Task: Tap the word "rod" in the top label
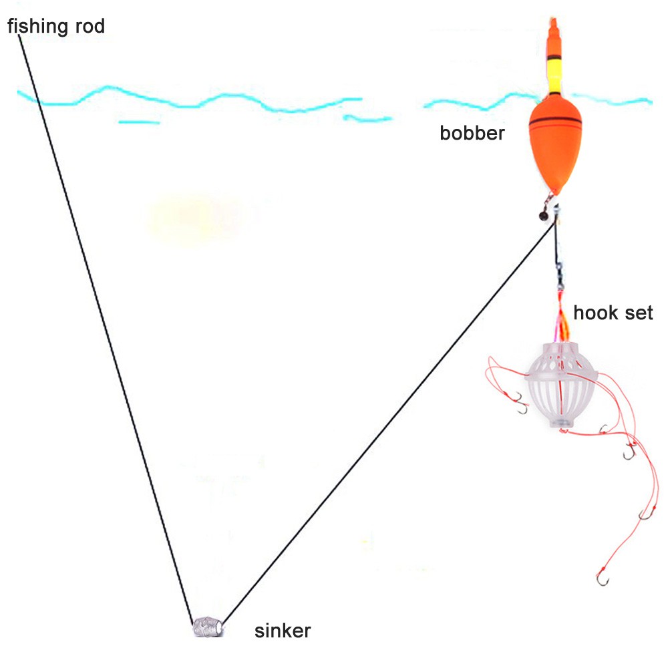pyautogui.click(x=90, y=26)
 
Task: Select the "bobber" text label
pyautogui.click(x=472, y=134)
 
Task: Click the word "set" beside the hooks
pyautogui.click(x=639, y=313)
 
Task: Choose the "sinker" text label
pyautogui.click(x=283, y=631)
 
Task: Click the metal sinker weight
pyautogui.click(x=208, y=627)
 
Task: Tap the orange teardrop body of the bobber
pyautogui.click(x=554, y=144)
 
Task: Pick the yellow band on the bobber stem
pyautogui.click(x=554, y=77)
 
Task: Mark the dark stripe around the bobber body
pyautogui.click(x=555, y=122)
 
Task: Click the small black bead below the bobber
pyautogui.click(x=544, y=216)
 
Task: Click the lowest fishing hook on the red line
pyautogui.click(x=603, y=578)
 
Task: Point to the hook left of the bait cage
pyautogui.click(x=521, y=403)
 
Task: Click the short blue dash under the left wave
pyautogui.click(x=139, y=122)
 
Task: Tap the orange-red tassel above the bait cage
pyautogui.click(x=562, y=315)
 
